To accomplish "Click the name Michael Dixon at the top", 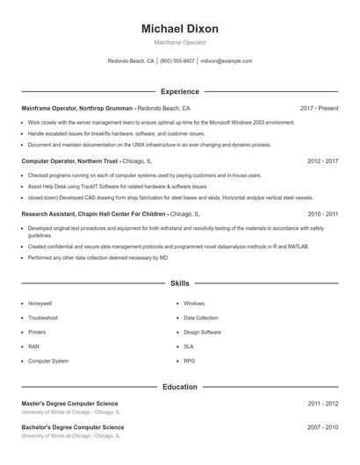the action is click(180, 29).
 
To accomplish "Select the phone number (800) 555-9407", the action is click(176, 61).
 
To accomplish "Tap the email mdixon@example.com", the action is click(226, 61).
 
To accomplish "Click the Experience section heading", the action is click(180, 91).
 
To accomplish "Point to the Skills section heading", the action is click(180, 283).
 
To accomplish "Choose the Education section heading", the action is click(180, 386).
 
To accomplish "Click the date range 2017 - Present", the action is click(319, 108).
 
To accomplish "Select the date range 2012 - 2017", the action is click(322, 161).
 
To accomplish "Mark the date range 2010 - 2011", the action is click(322, 213).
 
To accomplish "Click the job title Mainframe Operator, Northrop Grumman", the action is click(77, 108).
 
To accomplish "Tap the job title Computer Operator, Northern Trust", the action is click(70, 161).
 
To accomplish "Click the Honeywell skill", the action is click(40, 303).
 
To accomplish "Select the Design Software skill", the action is click(202, 332).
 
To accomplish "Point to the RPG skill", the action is click(190, 361).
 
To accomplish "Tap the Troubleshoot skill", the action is click(43, 318).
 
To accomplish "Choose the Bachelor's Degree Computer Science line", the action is click(73, 426).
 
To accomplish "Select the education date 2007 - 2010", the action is click(322, 427).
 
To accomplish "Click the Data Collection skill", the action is click(201, 318).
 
